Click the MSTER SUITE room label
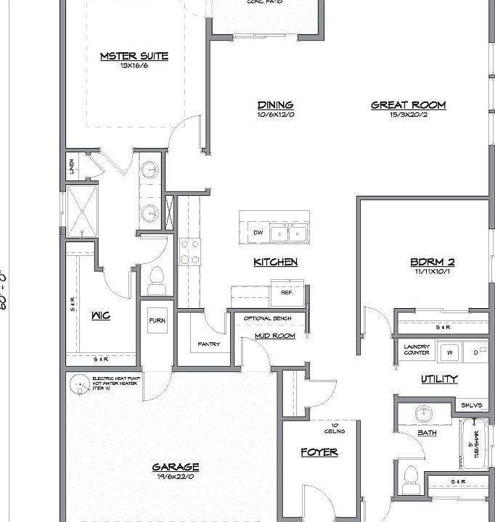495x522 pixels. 134,56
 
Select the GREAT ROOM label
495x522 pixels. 408,104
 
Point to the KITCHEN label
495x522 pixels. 275,262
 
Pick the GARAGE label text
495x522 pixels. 176,468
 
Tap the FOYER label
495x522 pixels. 319,452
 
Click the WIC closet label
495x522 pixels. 101,315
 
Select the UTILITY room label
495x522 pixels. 439,378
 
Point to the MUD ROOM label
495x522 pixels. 274,336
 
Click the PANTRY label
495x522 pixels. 209,344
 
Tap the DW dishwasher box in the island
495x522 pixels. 258,233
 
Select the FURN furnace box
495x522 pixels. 157,320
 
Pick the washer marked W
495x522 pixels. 449,353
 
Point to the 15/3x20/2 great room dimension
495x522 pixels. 408,115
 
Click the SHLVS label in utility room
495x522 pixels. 470,405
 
